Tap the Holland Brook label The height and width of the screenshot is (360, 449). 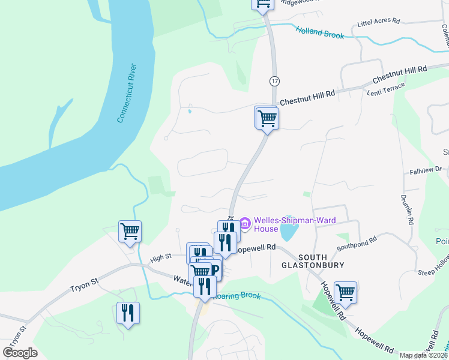tap(319, 32)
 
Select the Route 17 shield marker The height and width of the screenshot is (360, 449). tap(275, 80)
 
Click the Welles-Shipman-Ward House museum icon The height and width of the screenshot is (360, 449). tap(245, 224)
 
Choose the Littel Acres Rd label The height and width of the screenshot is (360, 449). tap(378, 22)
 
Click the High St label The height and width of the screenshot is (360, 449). tap(160, 257)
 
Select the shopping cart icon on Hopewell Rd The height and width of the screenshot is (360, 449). tap(346, 293)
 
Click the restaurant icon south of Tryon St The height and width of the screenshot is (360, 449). tap(128, 313)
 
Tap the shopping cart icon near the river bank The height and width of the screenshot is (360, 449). tap(130, 231)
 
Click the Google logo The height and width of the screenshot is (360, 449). tap(20, 353)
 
